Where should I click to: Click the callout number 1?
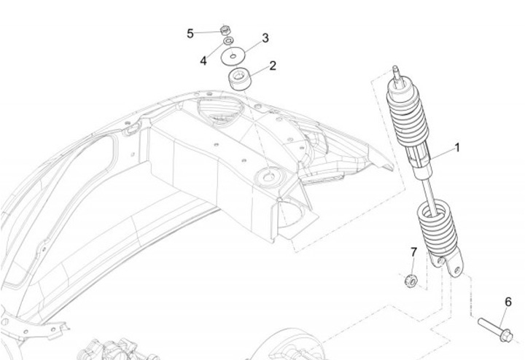[x=458, y=147]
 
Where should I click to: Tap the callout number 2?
[x=273, y=66]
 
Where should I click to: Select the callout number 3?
[x=265, y=37]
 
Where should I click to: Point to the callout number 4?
[x=204, y=60]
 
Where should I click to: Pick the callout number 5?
[x=190, y=33]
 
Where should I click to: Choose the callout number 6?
[x=508, y=302]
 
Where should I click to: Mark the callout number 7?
[x=413, y=252]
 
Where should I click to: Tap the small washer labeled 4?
[x=229, y=42]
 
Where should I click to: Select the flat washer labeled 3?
[x=234, y=55]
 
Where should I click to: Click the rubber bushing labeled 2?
[x=241, y=78]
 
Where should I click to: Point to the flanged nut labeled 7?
[x=411, y=278]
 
